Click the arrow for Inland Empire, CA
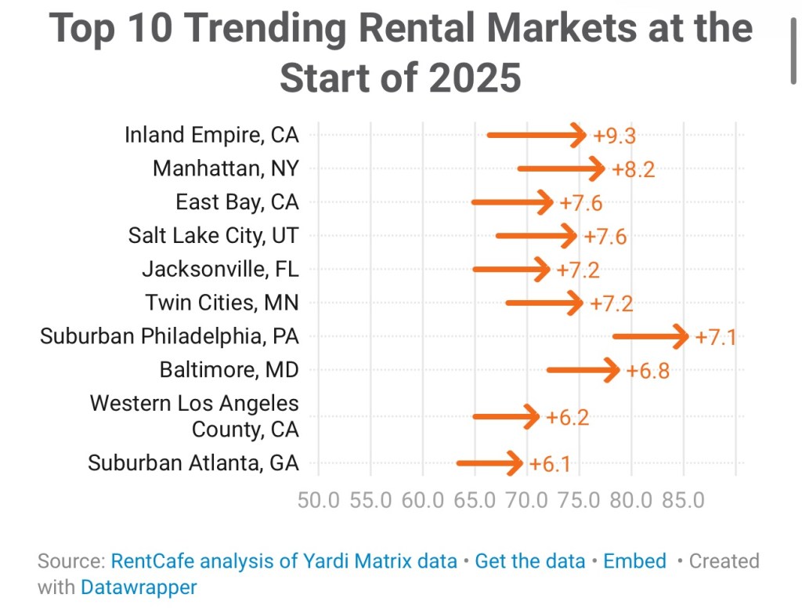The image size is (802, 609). tap(536, 136)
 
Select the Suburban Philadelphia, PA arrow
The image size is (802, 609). tap(651, 337)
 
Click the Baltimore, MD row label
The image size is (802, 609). tap(229, 369)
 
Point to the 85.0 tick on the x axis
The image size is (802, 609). tap(684, 500)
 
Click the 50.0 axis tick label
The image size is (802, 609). tap(319, 500)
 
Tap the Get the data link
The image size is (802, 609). tap(530, 561)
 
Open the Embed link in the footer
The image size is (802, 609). tap(634, 561)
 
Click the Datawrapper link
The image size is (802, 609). tap(139, 586)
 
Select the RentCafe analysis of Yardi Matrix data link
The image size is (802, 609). tap(284, 561)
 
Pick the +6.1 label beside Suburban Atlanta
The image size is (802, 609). tap(550, 464)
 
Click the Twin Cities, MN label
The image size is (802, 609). tap(222, 302)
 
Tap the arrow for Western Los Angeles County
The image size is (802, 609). tap(506, 416)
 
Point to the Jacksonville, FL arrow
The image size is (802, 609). tap(511, 270)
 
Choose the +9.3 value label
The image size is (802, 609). tap(614, 136)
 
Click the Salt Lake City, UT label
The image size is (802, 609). tap(213, 235)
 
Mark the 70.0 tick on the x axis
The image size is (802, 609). tap(527, 500)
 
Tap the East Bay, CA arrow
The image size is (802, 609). tap(513, 203)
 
